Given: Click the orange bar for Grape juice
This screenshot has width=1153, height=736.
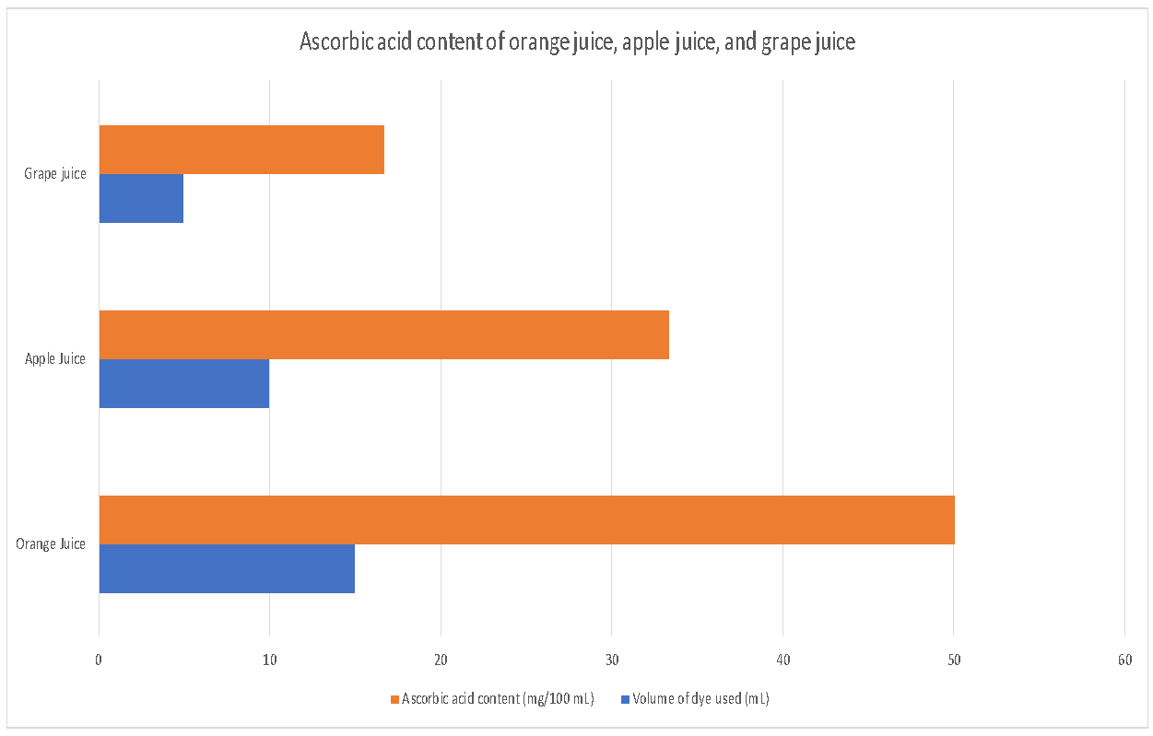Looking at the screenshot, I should [241, 149].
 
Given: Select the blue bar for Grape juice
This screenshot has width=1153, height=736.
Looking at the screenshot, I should [141, 198].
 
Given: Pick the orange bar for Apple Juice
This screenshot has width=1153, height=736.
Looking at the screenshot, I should [383, 334].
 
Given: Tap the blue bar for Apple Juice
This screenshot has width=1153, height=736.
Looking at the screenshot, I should [184, 383].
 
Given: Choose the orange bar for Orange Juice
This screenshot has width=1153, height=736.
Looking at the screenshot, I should [526, 520].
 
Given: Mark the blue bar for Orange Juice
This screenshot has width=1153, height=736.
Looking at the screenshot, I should [227, 568].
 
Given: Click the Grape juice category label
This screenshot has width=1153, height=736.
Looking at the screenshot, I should [55, 174].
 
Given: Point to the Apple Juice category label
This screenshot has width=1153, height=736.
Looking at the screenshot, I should [55, 359].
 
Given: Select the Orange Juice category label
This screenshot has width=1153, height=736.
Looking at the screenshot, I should [51, 544].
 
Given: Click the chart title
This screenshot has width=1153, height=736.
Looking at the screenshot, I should [577, 42].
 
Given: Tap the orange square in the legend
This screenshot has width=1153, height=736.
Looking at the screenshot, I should [395, 699].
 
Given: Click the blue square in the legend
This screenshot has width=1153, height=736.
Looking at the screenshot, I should [626, 699].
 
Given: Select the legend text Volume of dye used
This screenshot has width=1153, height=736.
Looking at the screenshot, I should [700, 699].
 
